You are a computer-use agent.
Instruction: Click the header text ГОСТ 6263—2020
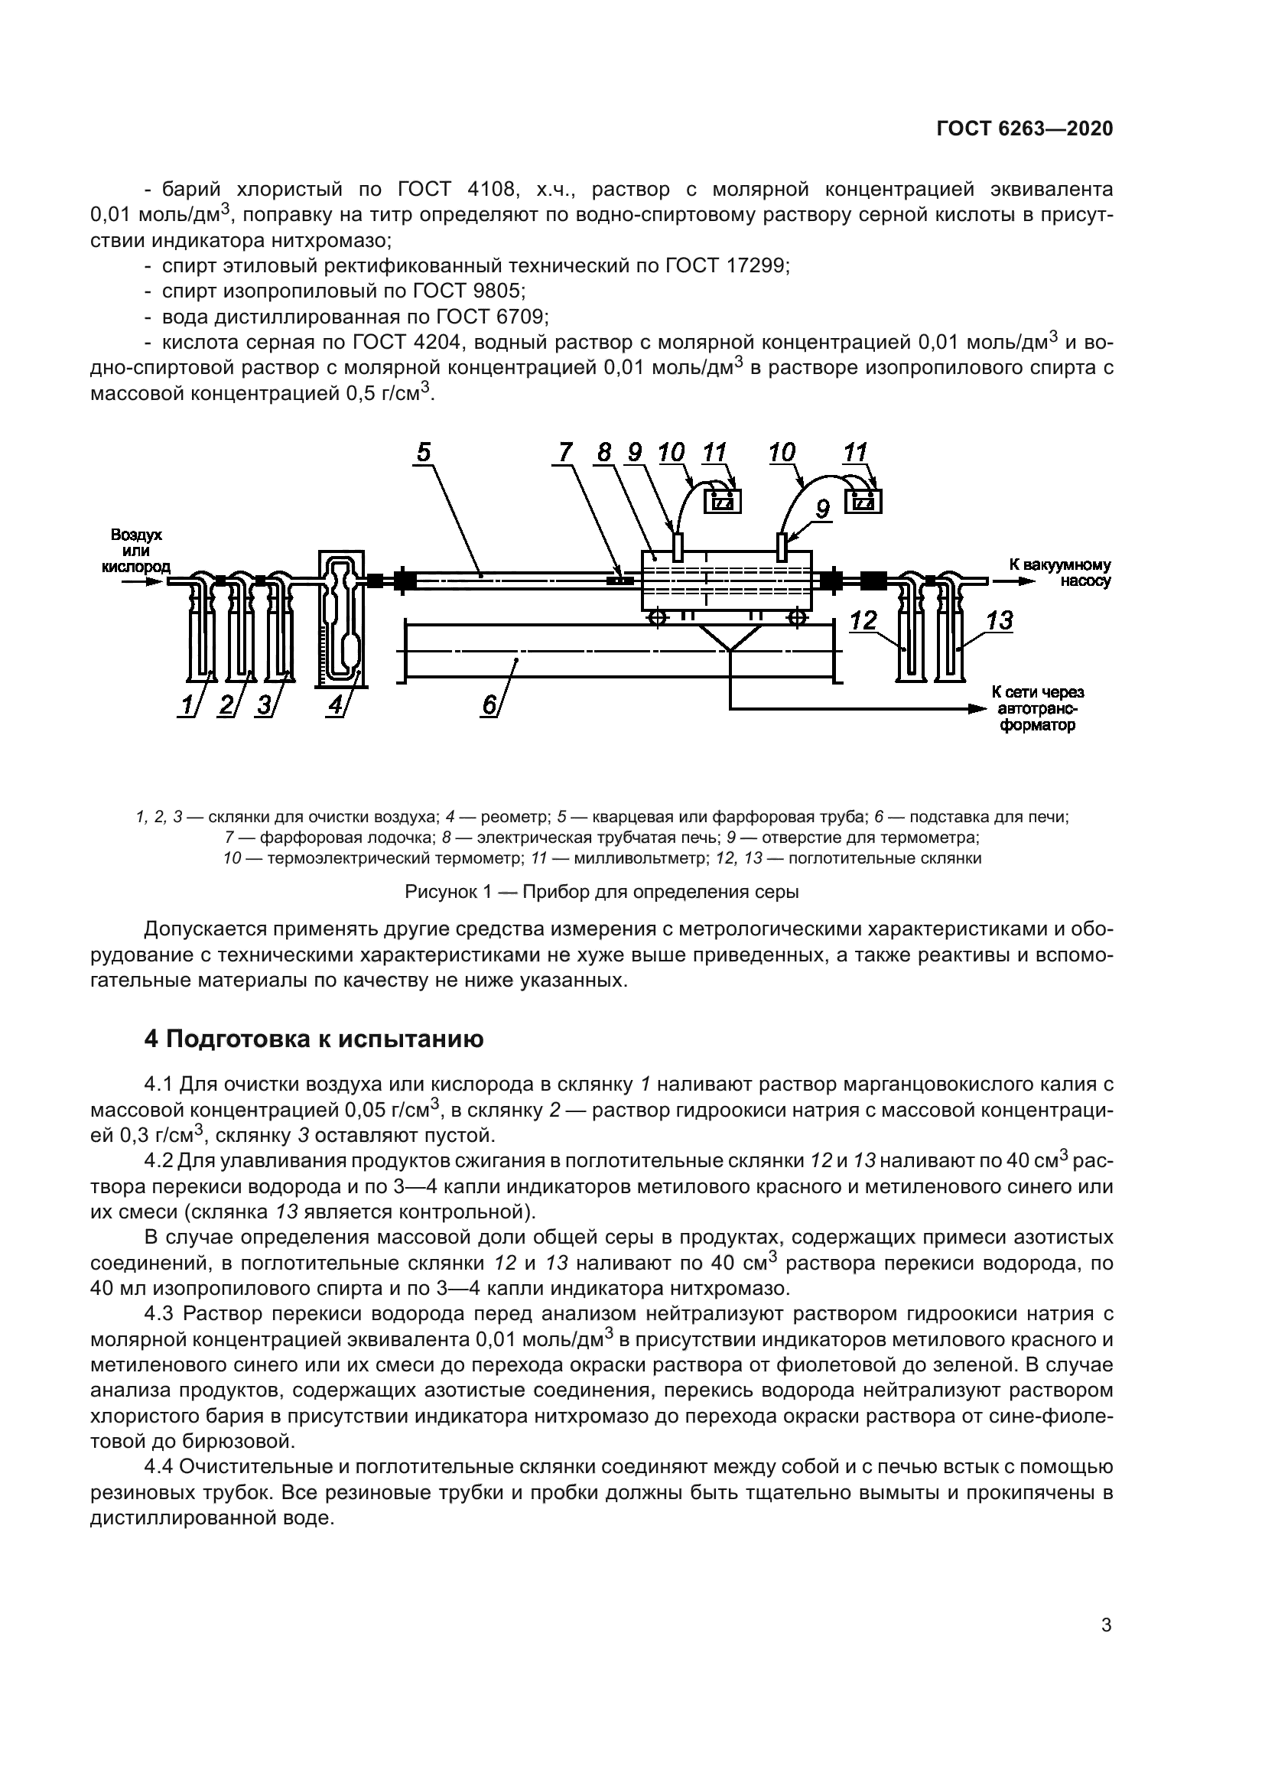coord(1024,128)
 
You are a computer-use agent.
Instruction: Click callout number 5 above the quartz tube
coord(423,453)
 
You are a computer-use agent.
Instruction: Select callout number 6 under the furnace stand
coord(489,704)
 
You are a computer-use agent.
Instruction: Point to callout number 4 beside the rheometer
coord(336,704)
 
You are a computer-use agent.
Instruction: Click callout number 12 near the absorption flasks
coord(863,620)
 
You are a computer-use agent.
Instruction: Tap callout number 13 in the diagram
coord(999,620)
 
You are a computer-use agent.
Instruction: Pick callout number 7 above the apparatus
coord(565,453)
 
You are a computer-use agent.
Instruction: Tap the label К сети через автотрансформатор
coord(1038,708)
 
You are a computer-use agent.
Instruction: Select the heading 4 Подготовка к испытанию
coord(314,1039)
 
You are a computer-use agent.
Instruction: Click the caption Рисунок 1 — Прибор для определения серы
coord(600,891)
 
